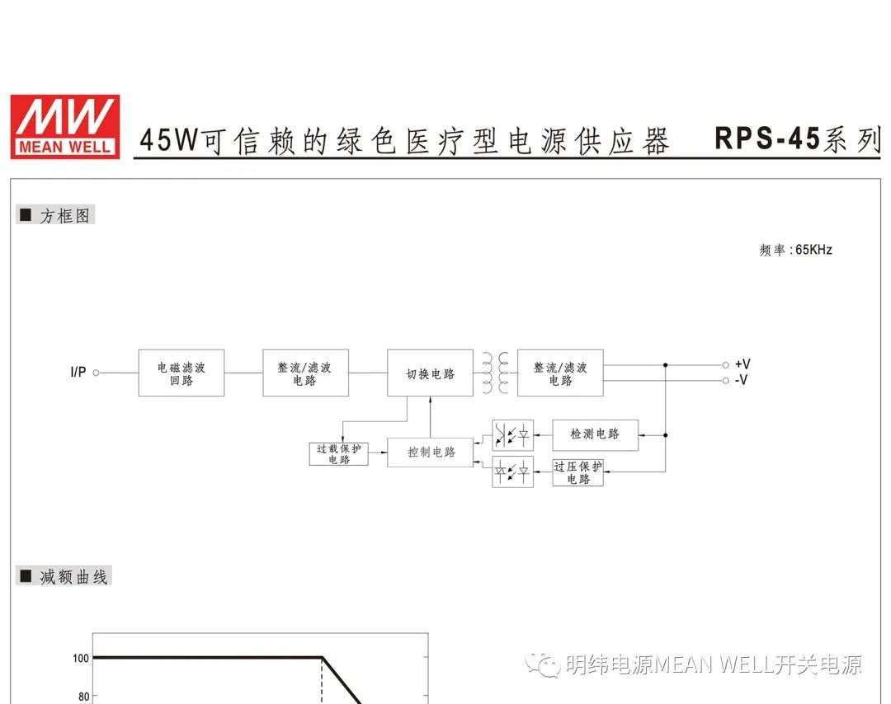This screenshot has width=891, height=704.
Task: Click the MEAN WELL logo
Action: tap(64, 126)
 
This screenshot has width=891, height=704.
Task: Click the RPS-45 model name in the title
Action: tap(767, 138)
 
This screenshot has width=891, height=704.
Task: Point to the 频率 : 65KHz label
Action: tap(795, 250)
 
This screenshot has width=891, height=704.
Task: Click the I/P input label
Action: tap(78, 373)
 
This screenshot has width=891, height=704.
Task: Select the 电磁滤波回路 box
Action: tap(181, 373)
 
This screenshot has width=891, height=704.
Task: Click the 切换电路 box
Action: tap(430, 373)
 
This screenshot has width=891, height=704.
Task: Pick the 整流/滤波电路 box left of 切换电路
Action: tap(305, 373)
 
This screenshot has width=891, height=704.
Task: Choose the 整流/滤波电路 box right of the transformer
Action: tap(560, 373)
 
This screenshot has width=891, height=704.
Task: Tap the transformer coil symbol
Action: tap(495, 373)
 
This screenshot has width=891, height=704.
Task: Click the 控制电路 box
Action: tap(430, 452)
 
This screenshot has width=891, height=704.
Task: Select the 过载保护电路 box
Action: tap(338, 453)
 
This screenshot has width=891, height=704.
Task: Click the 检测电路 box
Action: tap(594, 434)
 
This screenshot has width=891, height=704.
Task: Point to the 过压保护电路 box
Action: tap(577, 472)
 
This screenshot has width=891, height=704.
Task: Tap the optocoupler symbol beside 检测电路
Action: tap(512, 434)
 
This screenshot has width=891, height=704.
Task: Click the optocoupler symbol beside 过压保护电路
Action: tap(512, 472)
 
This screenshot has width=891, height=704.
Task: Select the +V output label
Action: tap(742, 364)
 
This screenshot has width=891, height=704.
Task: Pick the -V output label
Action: tap(742, 380)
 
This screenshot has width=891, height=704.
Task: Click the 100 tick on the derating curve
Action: tap(80, 658)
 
